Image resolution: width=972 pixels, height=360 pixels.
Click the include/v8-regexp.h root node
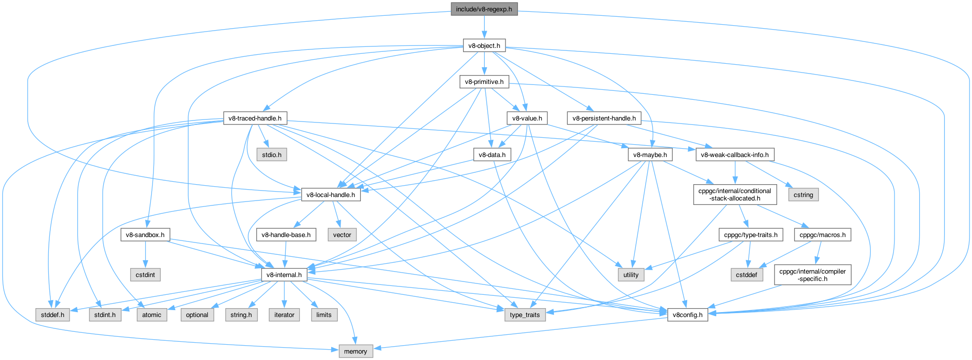click(484, 9)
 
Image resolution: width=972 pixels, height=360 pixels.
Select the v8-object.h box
click(484, 46)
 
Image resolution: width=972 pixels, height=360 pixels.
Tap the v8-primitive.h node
click(484, 82)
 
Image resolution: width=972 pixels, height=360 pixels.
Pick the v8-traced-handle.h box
click(255, 119)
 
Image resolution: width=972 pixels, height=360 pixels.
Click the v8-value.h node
click(527, 119)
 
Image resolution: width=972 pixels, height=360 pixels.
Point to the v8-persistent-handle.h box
click(604, 119)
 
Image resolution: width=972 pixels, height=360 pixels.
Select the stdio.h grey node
click(272, 155)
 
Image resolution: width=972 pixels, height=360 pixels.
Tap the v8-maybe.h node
click(650, 155)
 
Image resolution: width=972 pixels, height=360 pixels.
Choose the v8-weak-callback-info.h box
click(735, 155)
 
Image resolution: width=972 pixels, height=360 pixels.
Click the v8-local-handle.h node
click(330, 195)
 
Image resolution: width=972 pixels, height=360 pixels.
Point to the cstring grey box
click(803, 195)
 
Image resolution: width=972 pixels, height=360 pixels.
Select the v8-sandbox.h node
click(145, 235)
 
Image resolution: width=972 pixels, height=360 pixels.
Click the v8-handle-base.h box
click(286, 235)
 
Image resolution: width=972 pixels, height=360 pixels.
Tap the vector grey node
click(342, 235)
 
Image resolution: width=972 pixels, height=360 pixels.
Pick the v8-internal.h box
click(284, 275)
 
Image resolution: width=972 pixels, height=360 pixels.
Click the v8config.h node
click(687, 315)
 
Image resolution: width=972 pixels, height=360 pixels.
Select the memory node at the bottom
click(355, 352)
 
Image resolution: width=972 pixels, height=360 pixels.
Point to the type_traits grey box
click(525, 315)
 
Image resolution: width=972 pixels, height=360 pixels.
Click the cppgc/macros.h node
click(822, 235)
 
